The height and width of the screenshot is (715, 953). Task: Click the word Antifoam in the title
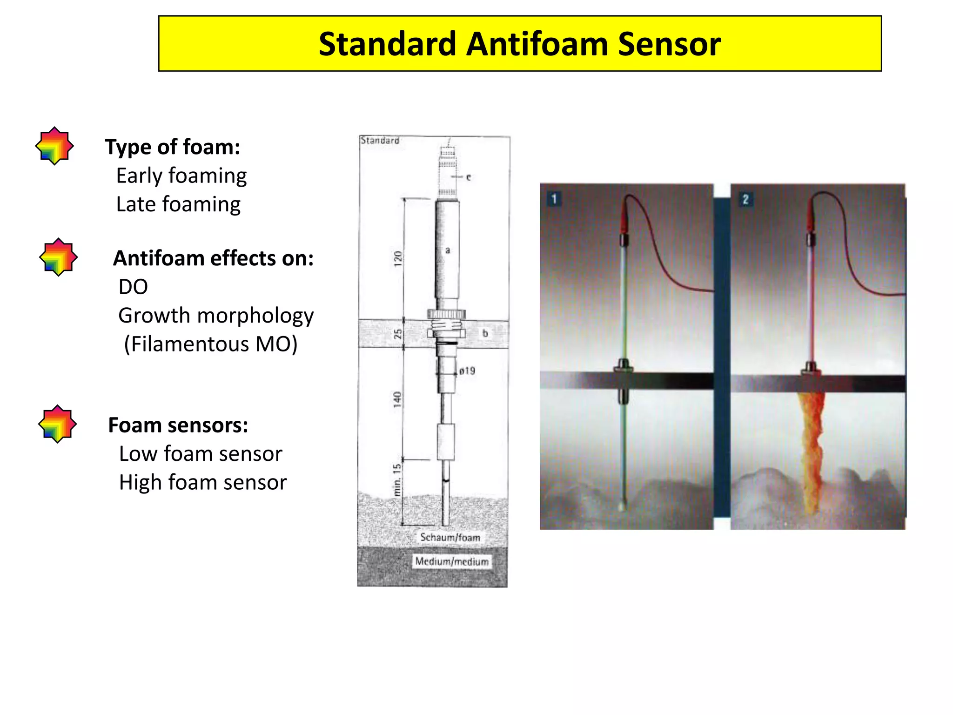click(537, 44)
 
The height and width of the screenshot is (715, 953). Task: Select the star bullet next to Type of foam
click(54, 146)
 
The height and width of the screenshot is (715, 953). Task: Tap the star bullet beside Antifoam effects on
click(58, 257)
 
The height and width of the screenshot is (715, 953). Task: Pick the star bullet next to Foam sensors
click(57, 424)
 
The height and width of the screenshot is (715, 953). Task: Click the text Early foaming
click(181, 176)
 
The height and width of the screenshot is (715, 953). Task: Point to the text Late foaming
click(178, 204)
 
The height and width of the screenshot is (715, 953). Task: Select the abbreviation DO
click(133, 287)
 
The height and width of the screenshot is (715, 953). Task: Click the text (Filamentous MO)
click(210, 344)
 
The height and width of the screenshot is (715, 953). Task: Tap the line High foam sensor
click(202, 482)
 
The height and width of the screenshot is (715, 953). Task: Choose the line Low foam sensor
click(201, 454)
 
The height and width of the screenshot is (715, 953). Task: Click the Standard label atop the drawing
click(380, 141)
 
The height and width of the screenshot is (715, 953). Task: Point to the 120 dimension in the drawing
click(397, 258)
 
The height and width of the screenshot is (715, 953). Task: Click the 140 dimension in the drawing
click(397, 399)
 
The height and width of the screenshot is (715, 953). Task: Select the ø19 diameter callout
click(467, 371)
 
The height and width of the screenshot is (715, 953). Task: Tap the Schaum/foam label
click(450, 537)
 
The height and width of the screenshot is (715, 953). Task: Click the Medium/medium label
click(452, 561)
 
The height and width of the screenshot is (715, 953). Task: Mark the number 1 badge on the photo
click(554, 199)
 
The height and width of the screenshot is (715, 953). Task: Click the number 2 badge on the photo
click(745, 200)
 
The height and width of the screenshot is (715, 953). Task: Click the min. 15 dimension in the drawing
click(397, 479)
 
